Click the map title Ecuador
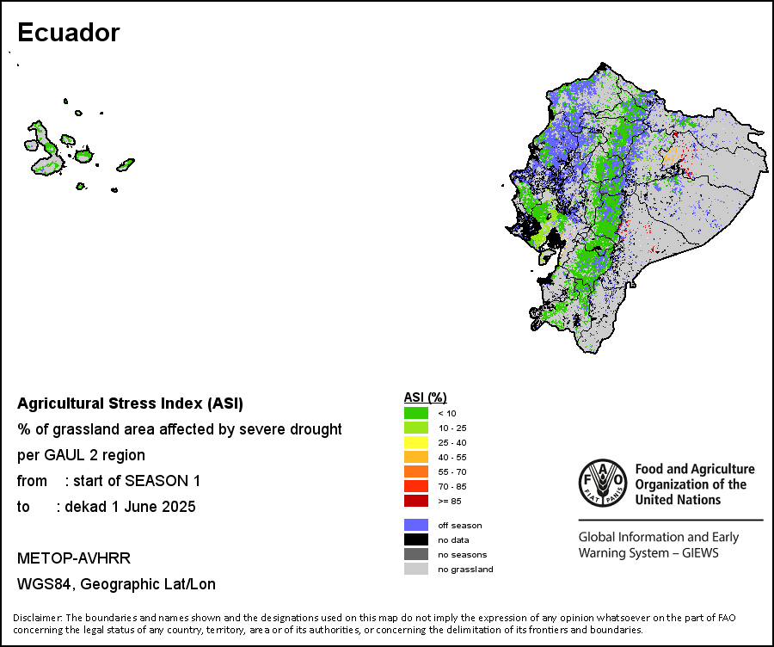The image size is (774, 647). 69,33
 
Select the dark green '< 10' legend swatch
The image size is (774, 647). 416,413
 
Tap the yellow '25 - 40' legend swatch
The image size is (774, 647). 416,442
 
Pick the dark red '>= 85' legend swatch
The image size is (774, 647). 416,501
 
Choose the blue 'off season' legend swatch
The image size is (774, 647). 416,525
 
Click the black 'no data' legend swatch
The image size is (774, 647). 416,539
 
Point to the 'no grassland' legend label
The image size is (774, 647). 465,570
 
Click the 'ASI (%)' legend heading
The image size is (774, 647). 425,397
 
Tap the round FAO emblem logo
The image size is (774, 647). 603,483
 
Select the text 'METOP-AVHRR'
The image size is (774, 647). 74,558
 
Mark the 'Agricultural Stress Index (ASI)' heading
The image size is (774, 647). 131,404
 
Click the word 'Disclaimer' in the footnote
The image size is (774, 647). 37,618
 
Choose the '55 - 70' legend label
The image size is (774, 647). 452,471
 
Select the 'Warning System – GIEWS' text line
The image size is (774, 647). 648,552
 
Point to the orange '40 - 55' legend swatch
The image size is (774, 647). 416,457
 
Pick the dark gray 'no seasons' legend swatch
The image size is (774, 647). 416,554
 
